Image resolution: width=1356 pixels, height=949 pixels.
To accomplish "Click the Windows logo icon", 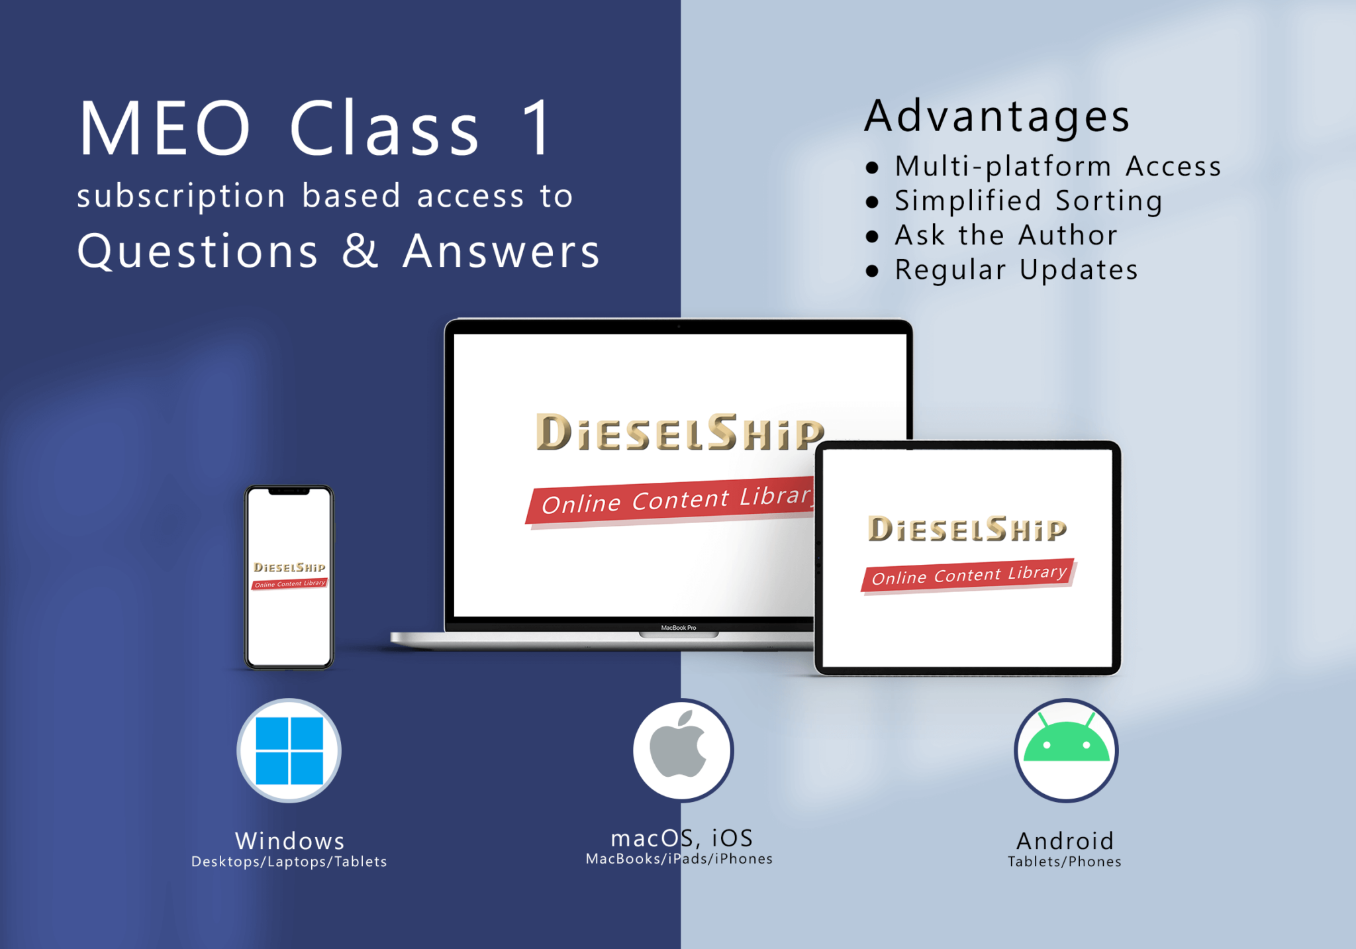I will (289, 750).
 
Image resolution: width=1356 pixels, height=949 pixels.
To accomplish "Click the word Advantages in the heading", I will (996, 116).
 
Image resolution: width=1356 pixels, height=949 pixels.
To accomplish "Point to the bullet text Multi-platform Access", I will (1057, 166).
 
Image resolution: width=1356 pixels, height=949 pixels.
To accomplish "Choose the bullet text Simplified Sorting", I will (1028, 201).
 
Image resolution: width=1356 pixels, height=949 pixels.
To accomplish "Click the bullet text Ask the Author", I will (1006, 235).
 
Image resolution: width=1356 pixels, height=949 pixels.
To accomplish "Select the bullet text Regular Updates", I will (1016, 270).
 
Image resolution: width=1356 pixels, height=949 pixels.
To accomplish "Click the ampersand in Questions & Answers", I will (360, 251).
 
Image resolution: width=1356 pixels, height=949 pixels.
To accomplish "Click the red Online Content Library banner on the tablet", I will (968, 575).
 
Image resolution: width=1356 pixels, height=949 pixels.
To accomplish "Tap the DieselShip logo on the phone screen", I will (289, 568).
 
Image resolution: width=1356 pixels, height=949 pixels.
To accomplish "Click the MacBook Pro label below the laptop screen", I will (678, 627).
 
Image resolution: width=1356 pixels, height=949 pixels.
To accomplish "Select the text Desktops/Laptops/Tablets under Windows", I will (289, 862).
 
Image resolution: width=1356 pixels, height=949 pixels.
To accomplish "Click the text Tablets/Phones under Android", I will (1064, 862).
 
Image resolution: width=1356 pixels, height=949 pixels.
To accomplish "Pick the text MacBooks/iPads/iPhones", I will (679, 859).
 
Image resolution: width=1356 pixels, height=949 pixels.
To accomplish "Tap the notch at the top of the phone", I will (289, 491).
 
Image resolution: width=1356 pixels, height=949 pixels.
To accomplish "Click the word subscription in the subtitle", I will (181, 196).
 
